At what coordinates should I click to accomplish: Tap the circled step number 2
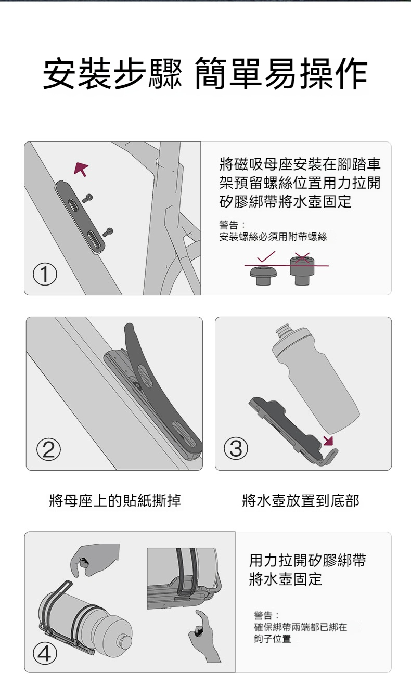(48, 449)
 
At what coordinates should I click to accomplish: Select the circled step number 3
(236, 448)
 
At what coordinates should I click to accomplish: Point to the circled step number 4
(45, 654)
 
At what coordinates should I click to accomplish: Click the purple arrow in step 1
(81, 169)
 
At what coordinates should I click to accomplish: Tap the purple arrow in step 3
(329, 441)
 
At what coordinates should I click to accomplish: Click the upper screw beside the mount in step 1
(87, 198)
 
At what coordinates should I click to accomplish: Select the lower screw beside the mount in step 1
(108, 232)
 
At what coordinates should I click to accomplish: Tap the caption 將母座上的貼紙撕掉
(115, 500)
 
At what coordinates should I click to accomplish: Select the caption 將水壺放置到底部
(300, 500)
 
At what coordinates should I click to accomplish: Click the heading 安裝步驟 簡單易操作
(205, 73)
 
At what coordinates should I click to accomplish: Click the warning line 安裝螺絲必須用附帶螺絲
(273, 237)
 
